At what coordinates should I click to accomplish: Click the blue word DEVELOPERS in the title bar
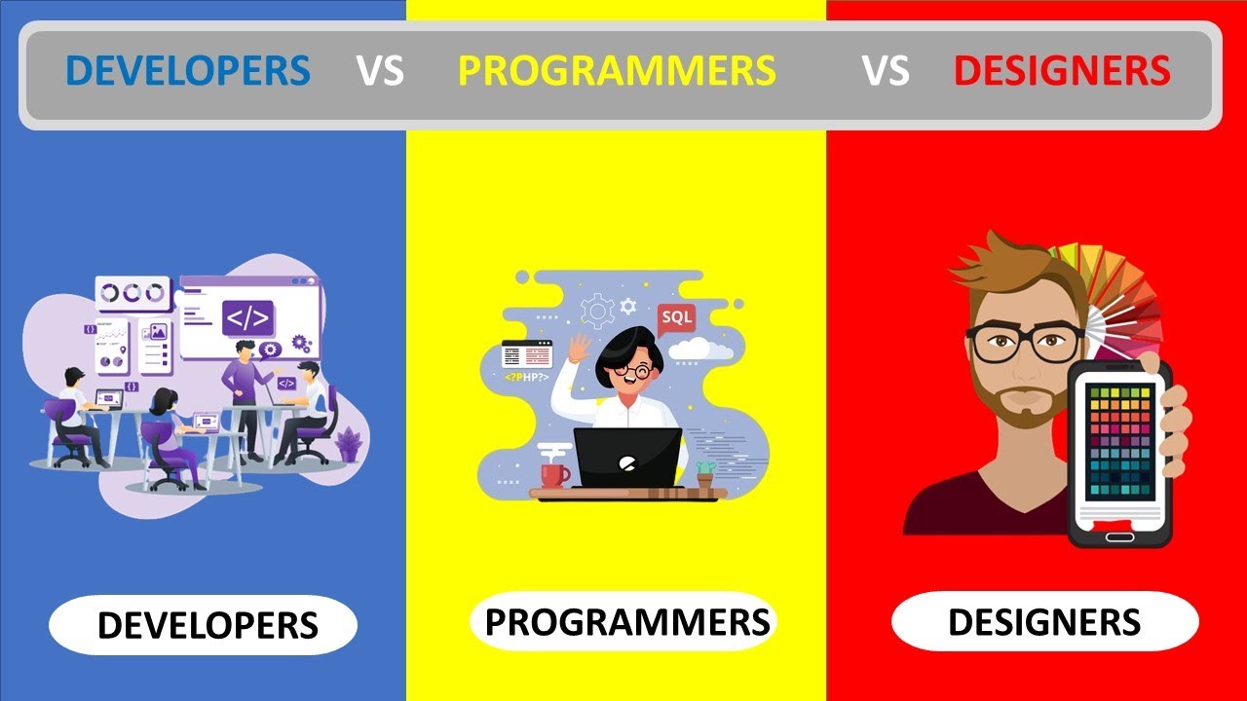click(x=188, y=71)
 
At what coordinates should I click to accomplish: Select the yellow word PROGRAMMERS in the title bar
click(x=617, y=71)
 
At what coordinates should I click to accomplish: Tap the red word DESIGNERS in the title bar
click(x=1062, y=71)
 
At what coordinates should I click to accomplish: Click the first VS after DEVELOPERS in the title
click(x=380, y=71)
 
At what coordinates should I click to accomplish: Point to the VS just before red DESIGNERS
click(x=887, y=71)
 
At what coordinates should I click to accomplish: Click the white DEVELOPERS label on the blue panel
click(x=208, y=626)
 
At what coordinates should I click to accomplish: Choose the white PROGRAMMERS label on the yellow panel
click(x=626, y=621)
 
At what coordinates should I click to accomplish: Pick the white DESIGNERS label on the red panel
click(x=1044, y=621)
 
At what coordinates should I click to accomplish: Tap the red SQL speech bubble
click(x=676, y=318)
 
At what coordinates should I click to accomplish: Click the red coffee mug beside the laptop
click(x=554, y=474)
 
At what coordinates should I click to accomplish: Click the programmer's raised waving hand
click(x=580, y=348)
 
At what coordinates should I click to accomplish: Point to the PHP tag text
click(x=526, y=376)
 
